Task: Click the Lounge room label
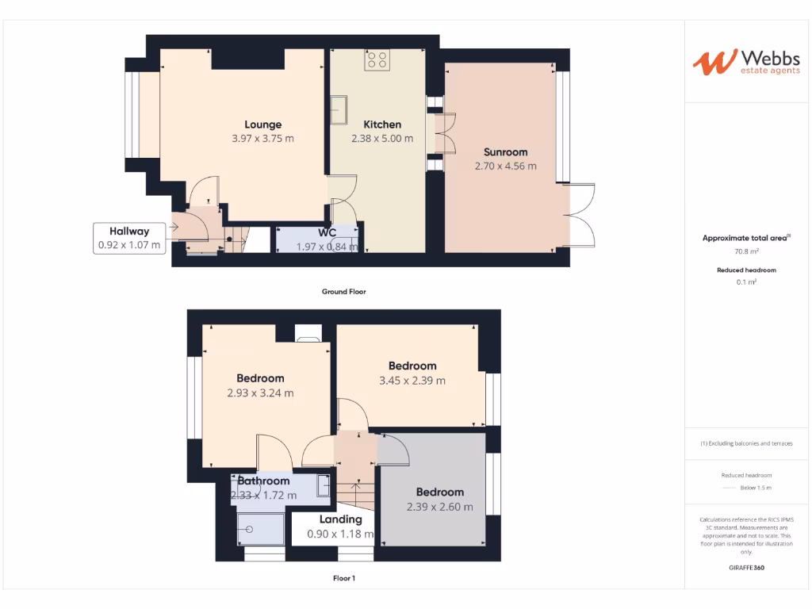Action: click(x=262, y=124)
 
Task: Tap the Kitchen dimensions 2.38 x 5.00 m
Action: click(x=382, y=138)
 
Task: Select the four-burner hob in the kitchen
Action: click(x=377, y=60)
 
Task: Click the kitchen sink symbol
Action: click(x=339, y=109)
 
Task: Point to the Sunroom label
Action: click(x=505, y=152)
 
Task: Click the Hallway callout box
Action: click(x=129, y=238)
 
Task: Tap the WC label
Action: click(x=327, y=233)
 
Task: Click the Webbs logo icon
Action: click(x=714, y=62)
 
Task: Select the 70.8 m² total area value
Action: click(x=746, y=251)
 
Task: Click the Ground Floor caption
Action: click(x=343, y=292)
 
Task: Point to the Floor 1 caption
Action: click(x=344, y=579)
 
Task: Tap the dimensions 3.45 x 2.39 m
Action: click(x=412, y=381)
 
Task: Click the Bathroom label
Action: click(x=263, y=481)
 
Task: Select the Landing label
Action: click(x=340, y=519)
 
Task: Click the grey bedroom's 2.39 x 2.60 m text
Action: click(x=439, y=507)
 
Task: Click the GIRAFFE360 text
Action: click(x=746, y=568)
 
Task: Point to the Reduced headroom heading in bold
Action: click(x=746, y=270)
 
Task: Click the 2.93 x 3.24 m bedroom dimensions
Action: click(x=260, y=393)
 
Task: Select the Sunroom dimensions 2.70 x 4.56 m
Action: click(x=505, y=167)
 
